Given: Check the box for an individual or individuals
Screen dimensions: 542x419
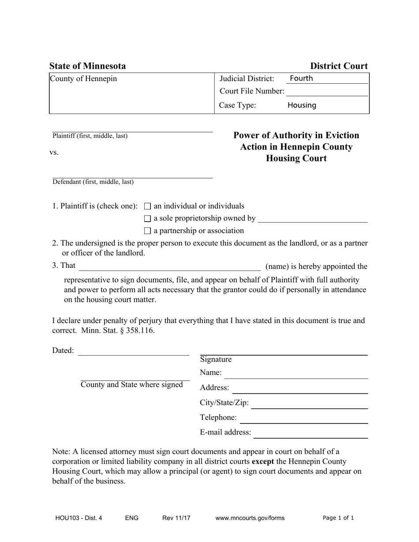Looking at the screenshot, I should coord(148,206).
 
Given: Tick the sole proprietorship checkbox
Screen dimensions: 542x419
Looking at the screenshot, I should coord(148,219).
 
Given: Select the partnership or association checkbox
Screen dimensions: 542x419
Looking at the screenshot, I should coord(148,231).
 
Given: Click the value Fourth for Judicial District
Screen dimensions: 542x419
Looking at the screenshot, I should coord(301,78).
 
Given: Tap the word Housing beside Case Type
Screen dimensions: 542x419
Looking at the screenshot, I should coord(302,105).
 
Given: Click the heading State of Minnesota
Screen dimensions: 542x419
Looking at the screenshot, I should coord(87,66).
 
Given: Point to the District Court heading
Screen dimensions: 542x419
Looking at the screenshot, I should coord(339,66).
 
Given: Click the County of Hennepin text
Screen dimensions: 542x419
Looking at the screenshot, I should coord(83,79).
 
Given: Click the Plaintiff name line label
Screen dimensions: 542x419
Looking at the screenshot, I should coord(90,136).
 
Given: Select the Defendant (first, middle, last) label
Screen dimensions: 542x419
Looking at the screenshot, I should coord(93,182).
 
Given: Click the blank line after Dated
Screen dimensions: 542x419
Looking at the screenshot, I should coord(133,351).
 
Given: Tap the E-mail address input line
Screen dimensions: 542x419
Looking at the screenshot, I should coord(311,434).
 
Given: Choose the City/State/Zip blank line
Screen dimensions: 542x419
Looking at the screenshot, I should coord(309,404).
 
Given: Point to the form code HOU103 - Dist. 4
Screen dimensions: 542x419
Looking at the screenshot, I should coord(79,518).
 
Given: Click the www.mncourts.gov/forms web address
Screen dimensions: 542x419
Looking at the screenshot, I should coord(250,518).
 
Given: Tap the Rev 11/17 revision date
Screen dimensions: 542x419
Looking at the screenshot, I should coord(176,518).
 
